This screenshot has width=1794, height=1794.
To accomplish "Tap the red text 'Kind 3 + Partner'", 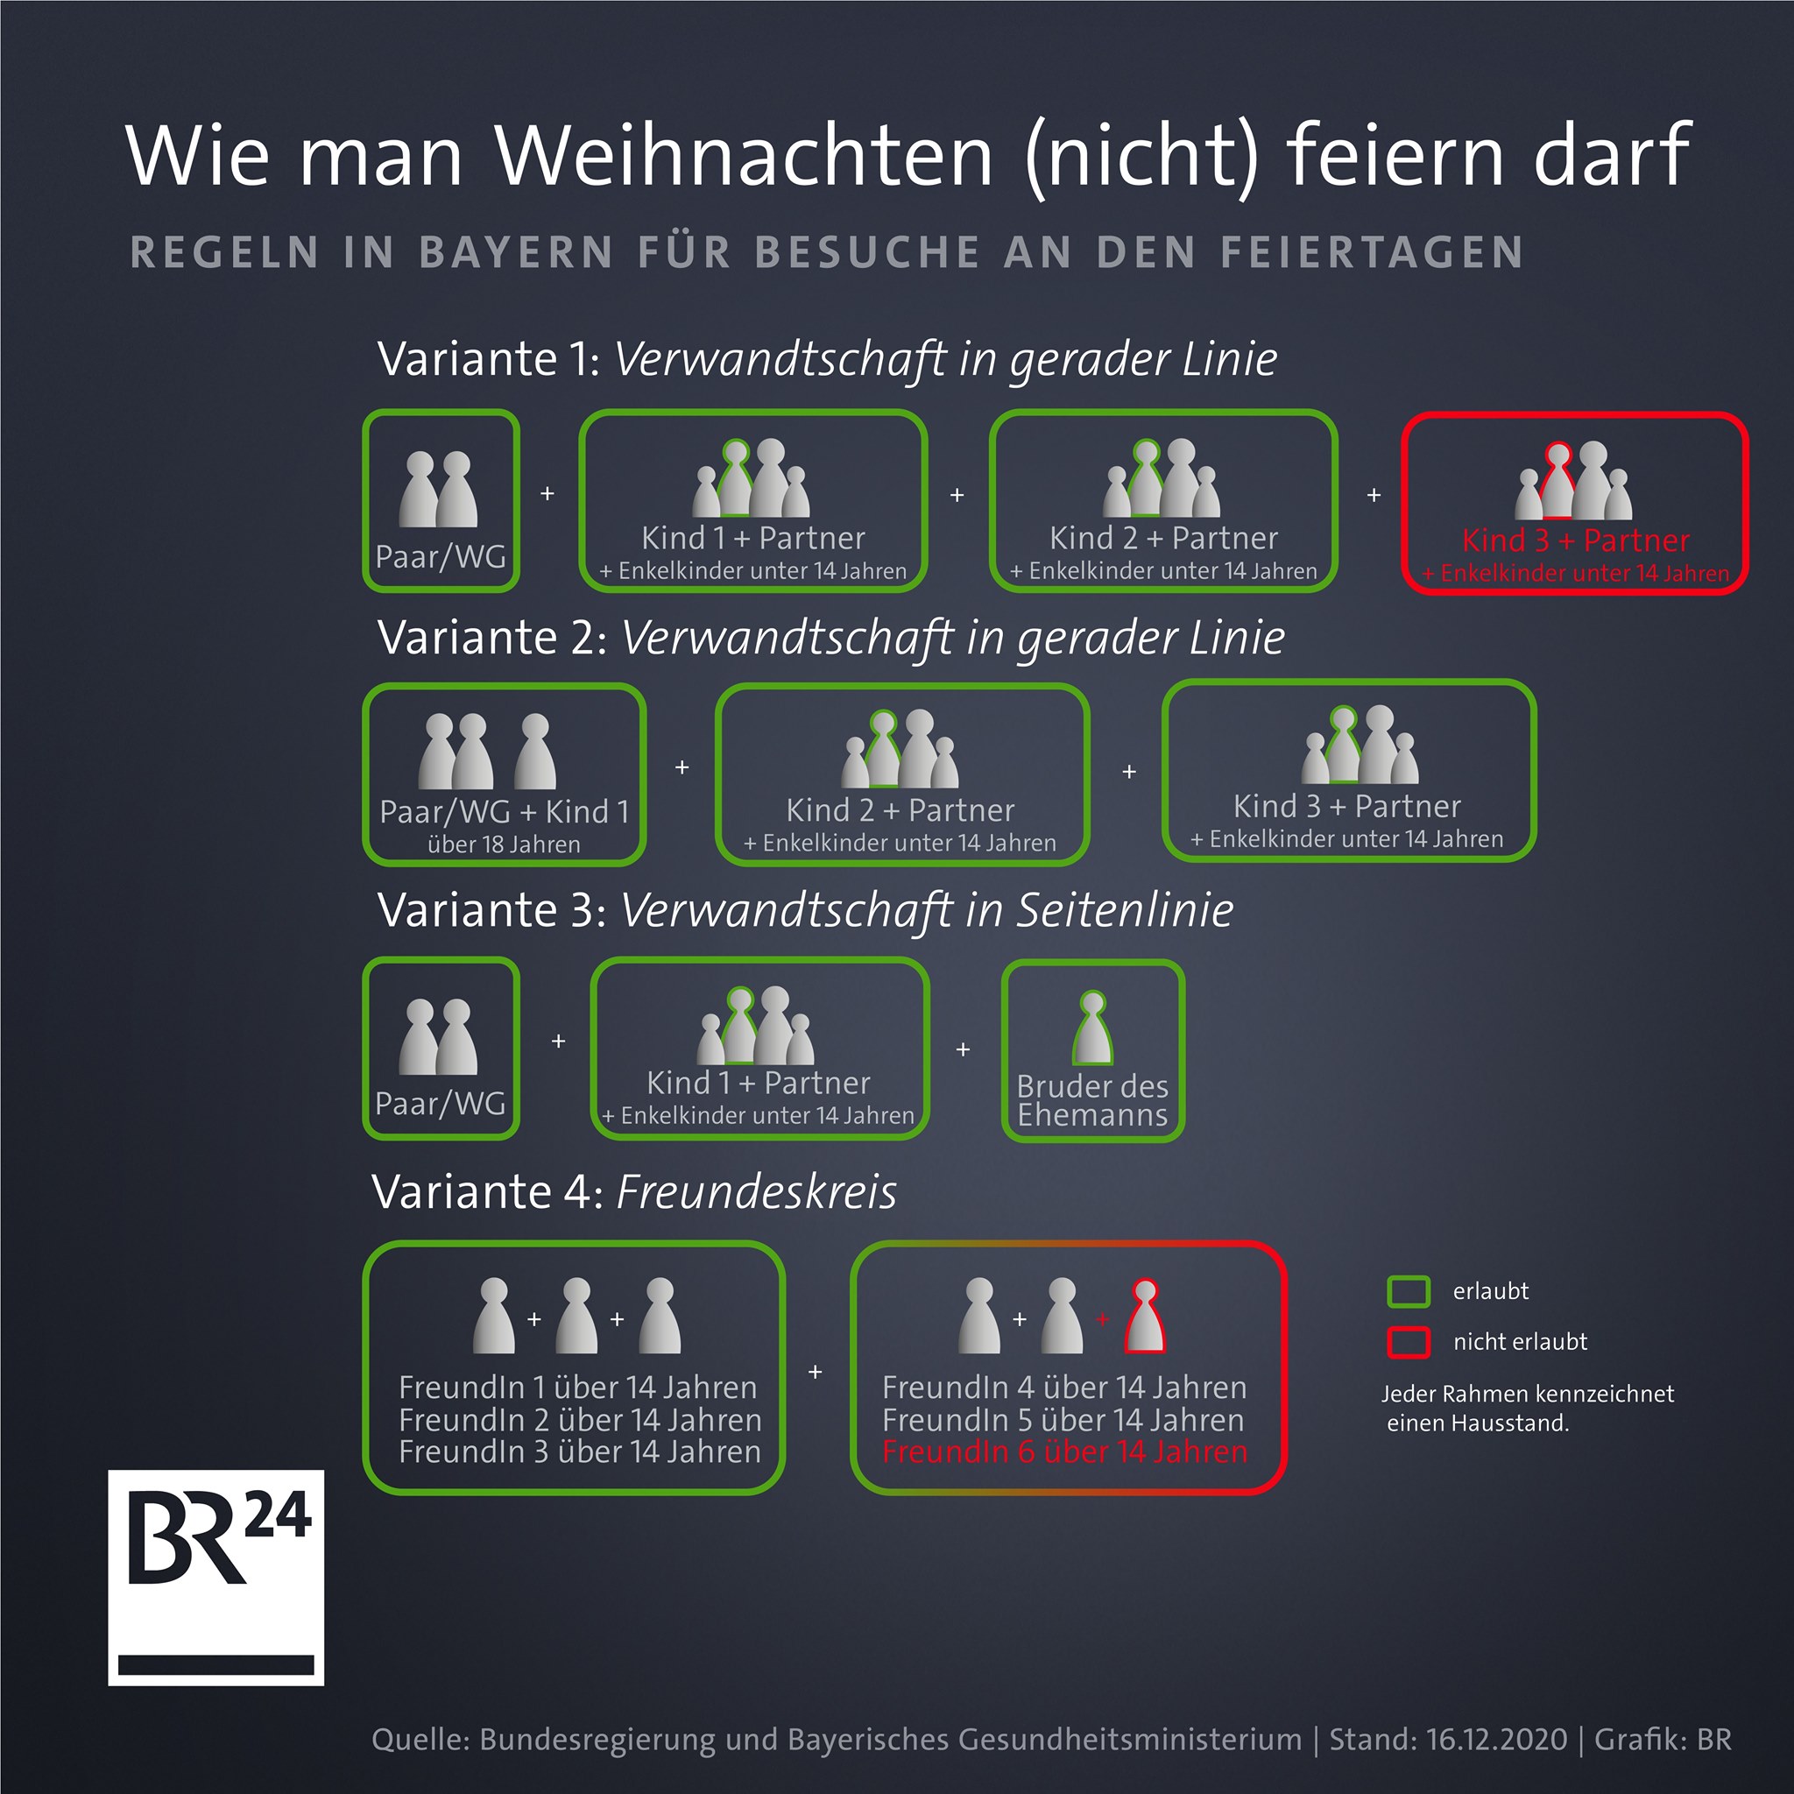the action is [1576, 540].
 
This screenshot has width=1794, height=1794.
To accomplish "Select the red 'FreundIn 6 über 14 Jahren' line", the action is [1064, 1451].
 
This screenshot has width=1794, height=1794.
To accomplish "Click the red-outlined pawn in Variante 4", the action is [1145, 1316].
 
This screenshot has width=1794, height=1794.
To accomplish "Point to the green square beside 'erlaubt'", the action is [1408, 1290].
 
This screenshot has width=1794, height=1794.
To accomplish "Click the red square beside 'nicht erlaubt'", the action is [1408, 1342].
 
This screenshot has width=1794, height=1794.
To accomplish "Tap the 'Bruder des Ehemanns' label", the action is [1092, 1100].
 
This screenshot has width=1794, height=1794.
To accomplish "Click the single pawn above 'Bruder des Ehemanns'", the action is [1093, 1027].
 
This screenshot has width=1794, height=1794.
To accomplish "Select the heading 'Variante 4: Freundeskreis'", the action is [634, 1191].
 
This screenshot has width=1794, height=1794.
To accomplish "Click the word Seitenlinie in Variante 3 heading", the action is [1125, 909].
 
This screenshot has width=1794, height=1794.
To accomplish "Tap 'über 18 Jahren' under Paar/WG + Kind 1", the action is [504, 844].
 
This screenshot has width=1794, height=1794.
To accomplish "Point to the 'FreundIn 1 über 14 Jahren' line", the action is [577, 1388].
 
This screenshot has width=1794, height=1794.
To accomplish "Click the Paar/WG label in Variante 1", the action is [440, 557].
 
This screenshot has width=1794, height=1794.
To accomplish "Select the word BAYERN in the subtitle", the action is [516, 252].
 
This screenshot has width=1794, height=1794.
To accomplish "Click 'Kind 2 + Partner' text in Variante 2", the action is [900, 809].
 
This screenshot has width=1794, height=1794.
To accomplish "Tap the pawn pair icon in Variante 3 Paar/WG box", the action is [438, 1036].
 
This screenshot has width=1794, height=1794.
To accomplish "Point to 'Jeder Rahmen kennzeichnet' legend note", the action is [1528, 1394].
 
